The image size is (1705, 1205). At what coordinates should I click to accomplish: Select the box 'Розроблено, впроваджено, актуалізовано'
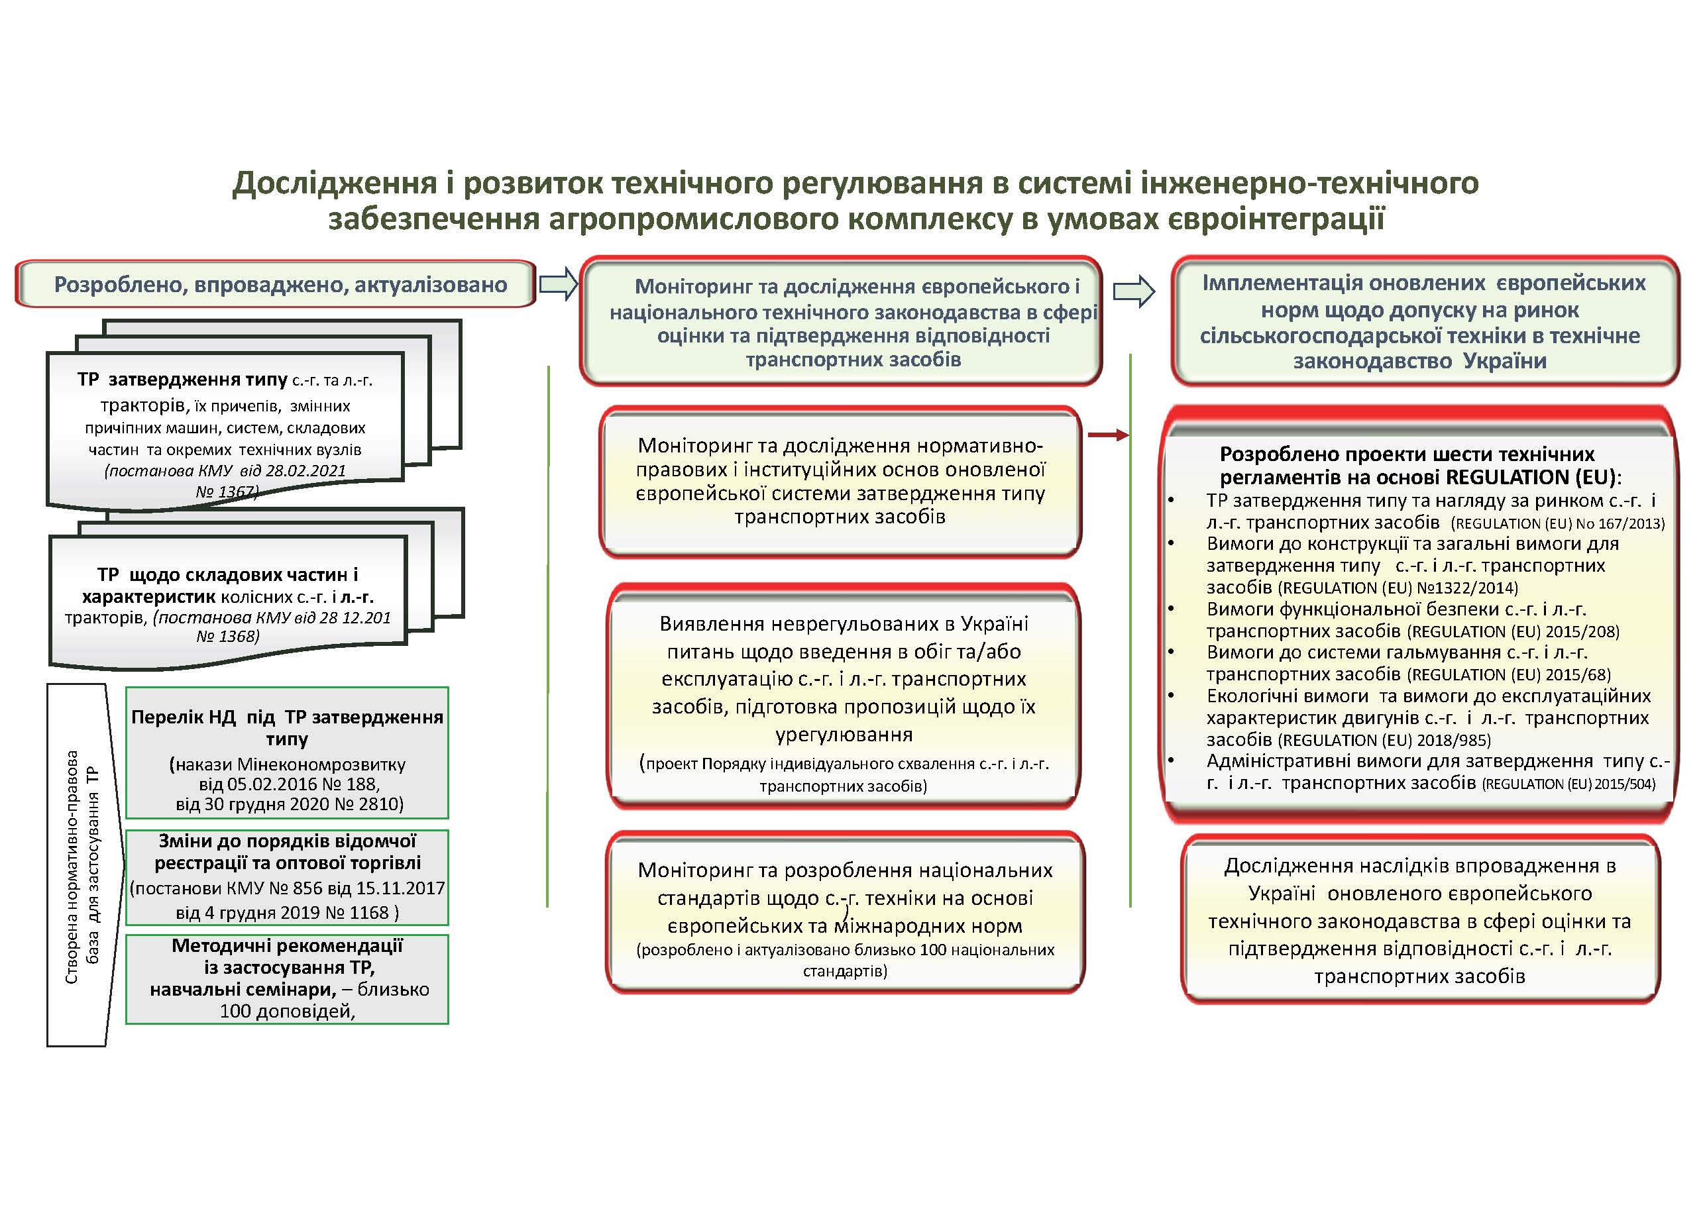point(275,284)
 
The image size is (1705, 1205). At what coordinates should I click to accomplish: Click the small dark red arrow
point(1108,435)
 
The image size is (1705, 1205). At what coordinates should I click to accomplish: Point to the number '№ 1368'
point(228,636)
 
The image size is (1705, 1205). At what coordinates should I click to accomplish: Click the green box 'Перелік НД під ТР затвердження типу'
point(287,752)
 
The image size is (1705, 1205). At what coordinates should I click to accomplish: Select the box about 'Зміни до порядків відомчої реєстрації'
point(287,877)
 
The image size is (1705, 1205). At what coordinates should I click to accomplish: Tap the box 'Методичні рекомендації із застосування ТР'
point(287,978)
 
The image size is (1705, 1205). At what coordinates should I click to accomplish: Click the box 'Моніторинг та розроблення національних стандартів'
point(845,912)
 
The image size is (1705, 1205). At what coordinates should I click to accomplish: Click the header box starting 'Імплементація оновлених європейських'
point(1424,321)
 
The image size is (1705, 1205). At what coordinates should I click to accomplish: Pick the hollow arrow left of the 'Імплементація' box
point(1134,291)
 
